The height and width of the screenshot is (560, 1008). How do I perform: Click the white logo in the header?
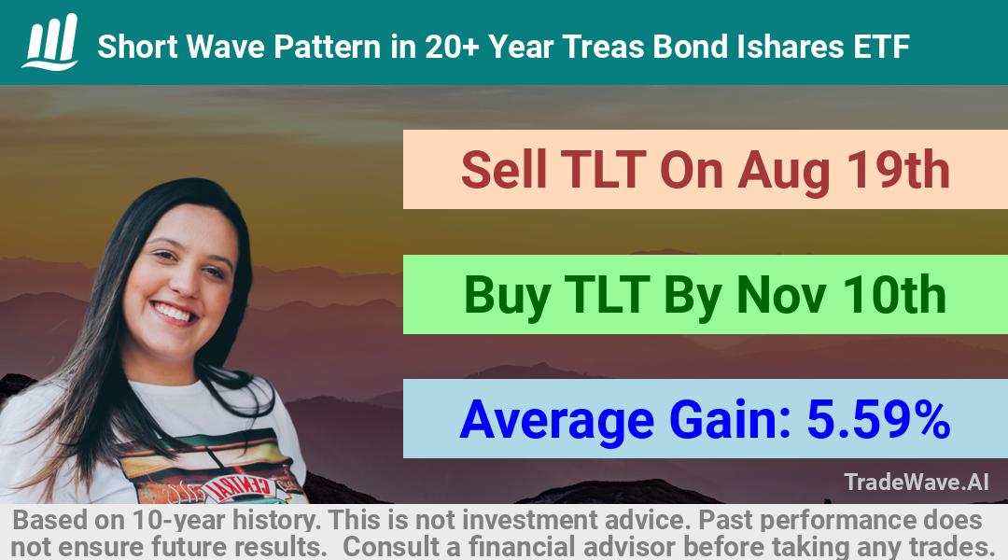(x=50, y=41)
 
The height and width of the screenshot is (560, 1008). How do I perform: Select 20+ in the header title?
(x=452, y=47)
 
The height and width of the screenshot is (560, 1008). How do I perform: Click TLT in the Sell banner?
(x=603, y=171)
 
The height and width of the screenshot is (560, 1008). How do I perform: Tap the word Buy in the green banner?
(x=507, y=296)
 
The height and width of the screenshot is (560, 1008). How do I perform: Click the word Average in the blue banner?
(x=557, y=420)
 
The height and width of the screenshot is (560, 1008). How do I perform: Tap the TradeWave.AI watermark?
(x=917, y=483)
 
